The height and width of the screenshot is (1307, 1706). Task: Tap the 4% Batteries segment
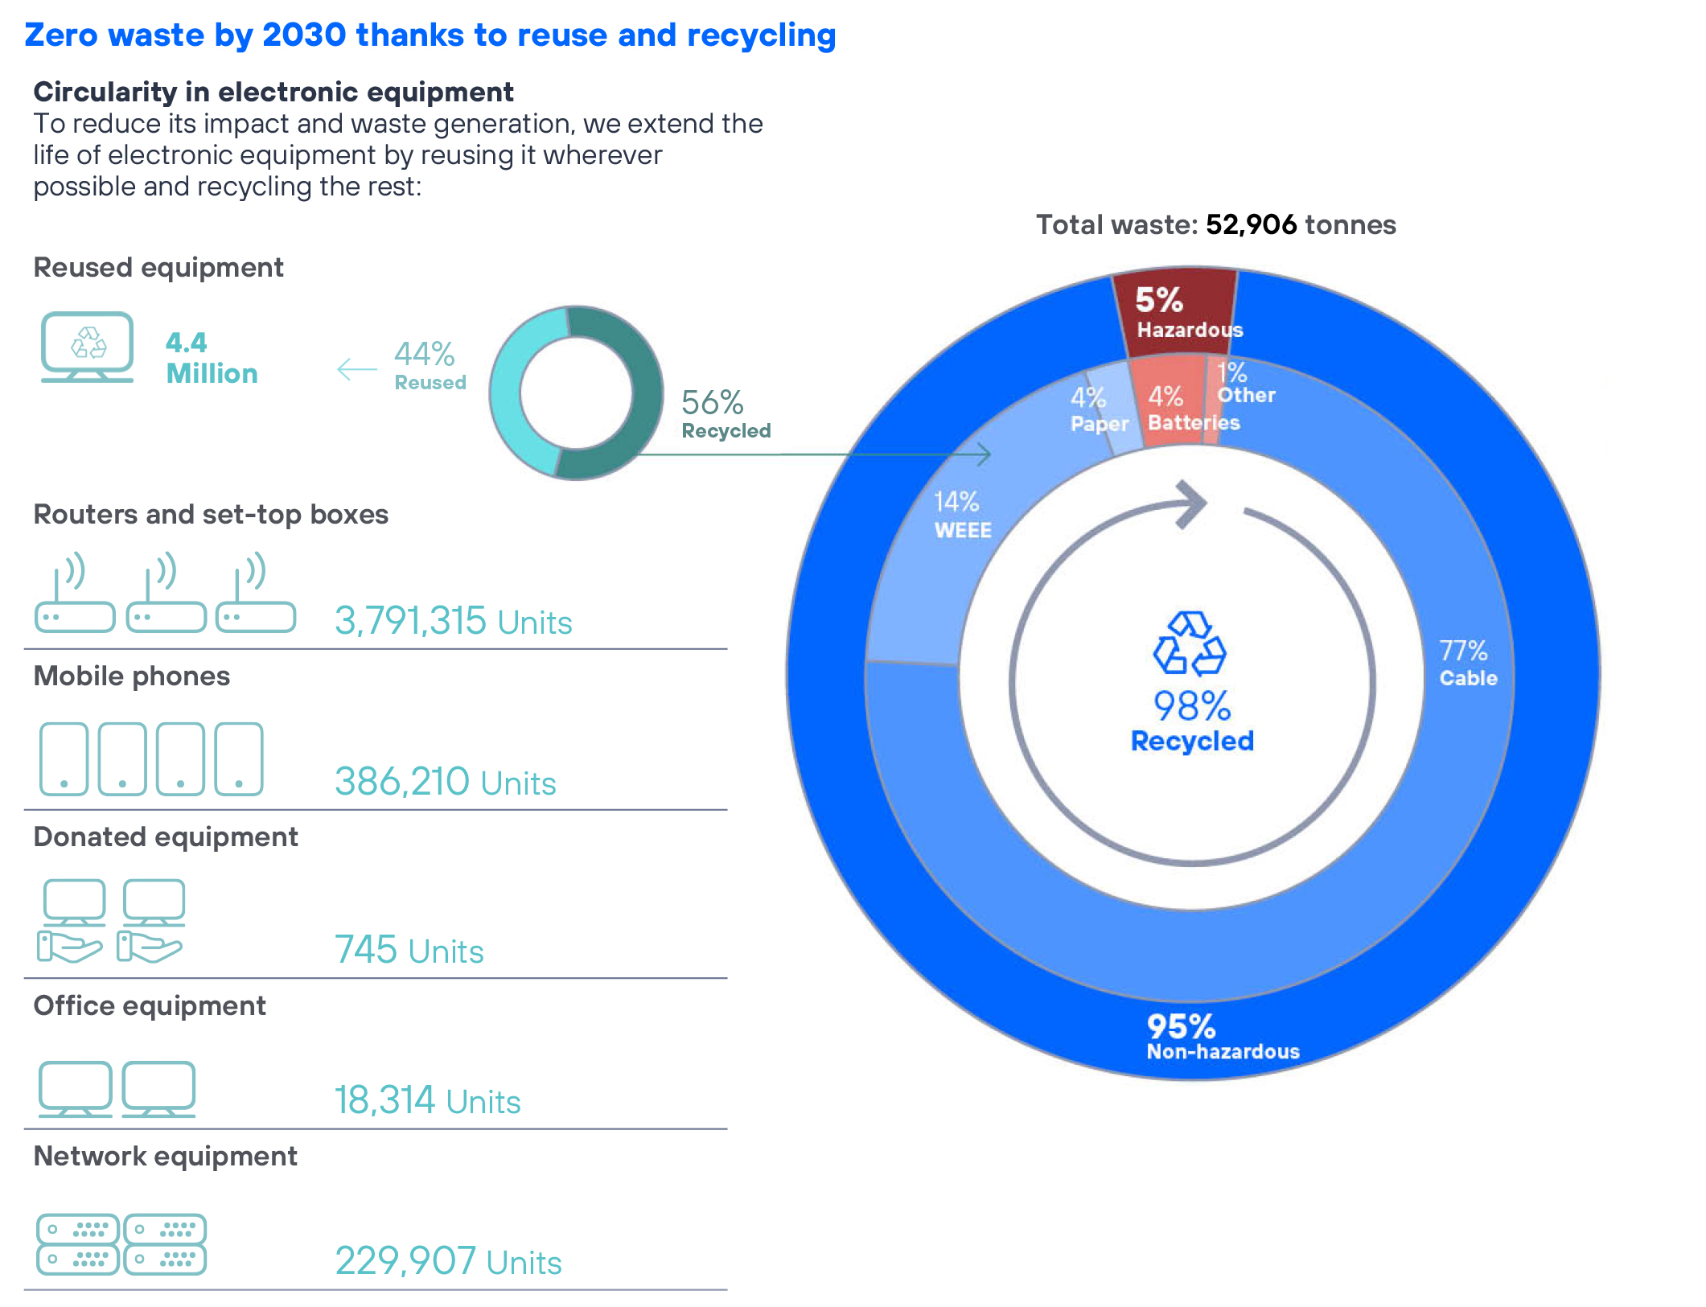pos(1168,406)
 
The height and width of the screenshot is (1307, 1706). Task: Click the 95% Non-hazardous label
pos(1221,1037)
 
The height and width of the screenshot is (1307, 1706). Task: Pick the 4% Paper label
pos(1097,409)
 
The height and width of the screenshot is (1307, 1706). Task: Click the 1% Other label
pos(1244,384)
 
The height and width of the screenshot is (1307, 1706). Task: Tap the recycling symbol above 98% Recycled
pos(1190,643)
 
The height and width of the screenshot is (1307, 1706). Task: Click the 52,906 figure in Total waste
pos(1251,224)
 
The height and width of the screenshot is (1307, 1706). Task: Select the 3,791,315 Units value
pos(453,621)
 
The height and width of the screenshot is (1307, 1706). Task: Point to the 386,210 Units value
pos(445,782)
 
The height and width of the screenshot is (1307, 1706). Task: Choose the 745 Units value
pos(409,950)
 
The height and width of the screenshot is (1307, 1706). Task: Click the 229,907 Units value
pos(448,1261)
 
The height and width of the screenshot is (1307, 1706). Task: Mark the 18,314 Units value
pos(427,1100)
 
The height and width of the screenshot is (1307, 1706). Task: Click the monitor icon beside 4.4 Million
pos(87,347)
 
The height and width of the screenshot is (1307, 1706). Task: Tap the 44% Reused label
pos(429,365)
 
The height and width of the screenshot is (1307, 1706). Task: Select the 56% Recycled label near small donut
pos(725,413)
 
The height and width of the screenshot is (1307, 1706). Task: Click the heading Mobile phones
pos(132,676)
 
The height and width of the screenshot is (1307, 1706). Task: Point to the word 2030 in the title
pos(304,35)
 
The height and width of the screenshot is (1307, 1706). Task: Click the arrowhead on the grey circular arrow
pos(1191,503)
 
